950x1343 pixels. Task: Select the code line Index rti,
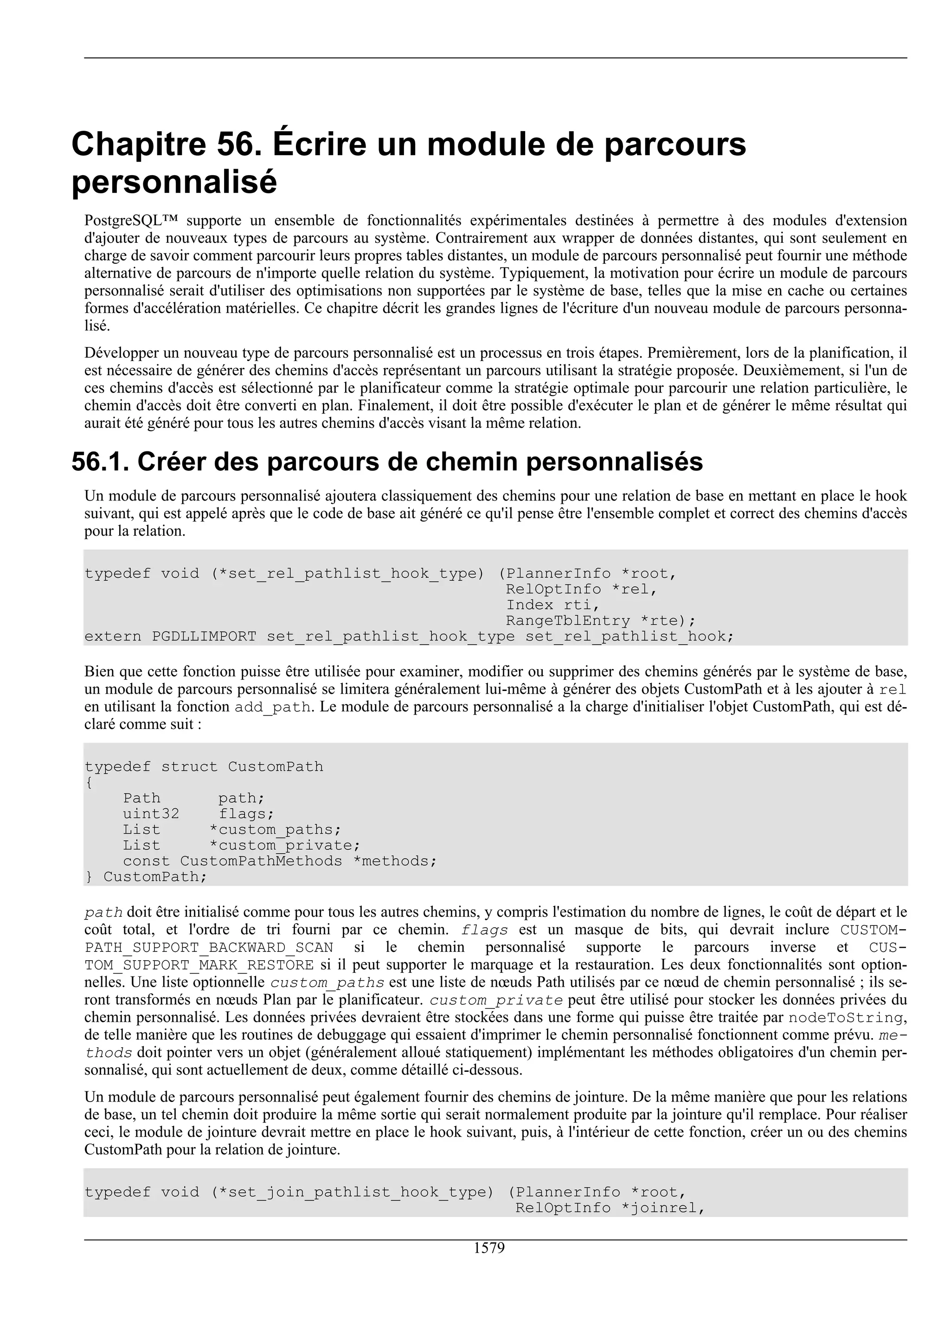[x=552, y=605]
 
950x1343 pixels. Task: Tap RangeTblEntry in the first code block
[x=568, y=621]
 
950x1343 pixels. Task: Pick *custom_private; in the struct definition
[x=284, y=846]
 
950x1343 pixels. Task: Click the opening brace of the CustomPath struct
[x=89, y=783]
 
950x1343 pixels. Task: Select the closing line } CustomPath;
[x=146, y=877]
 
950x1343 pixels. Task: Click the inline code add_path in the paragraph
[x=272, y=707]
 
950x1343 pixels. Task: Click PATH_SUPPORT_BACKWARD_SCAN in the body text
[x=208, y=948]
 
